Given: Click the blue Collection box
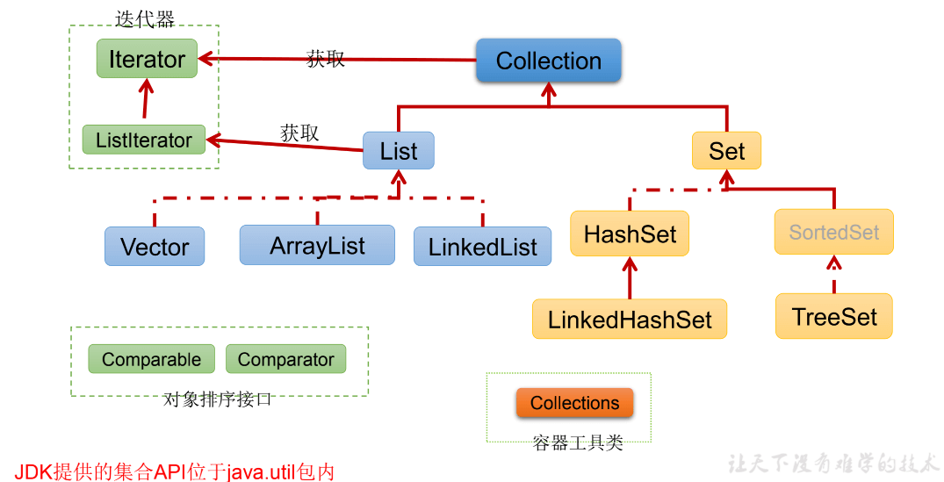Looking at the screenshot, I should click(x=549, y=61).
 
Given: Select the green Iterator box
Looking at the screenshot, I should click(x=147, y=59).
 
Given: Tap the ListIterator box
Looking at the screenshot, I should click(x=143, y=140).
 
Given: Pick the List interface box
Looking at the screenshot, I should click(x=399, y=151).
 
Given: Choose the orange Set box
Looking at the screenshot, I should click(x=726, y=151).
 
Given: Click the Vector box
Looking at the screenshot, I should click(x=155, y=247).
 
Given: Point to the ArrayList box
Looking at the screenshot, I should click(x=317, y=245).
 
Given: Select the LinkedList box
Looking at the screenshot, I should click(x=482, y=247).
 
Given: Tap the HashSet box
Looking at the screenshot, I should click(x=630, y=234).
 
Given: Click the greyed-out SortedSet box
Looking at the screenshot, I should click(x=833, y=232).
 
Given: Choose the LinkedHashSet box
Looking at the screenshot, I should click(x=630, y=319).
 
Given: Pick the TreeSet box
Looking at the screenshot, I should click(x=833, y=316).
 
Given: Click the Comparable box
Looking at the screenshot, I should click(x=151, y=359).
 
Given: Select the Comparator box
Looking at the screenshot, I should click(x=285, y=359).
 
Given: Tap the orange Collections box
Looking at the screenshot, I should click(x=574, y=403).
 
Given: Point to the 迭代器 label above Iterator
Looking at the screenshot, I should click(x=145, y=18).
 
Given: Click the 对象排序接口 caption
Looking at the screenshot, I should click(x=218, y=399).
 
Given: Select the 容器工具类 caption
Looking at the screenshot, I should click(x=577, y=443).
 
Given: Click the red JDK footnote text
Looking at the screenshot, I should click(x=175, y=471).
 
